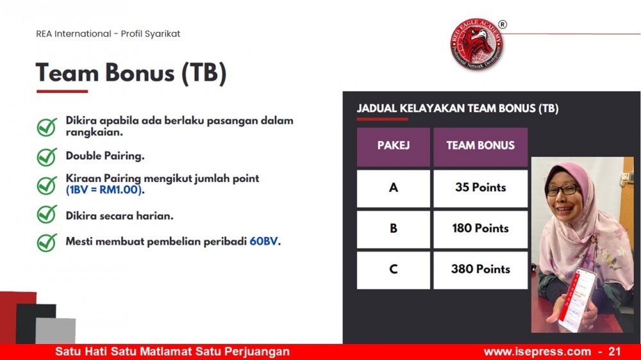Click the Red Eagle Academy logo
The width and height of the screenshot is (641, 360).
click(x=477, y=44)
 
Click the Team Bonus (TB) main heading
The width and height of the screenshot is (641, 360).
click(x=131, y=73)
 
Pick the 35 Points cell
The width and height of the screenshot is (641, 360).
click(x=480, y=188)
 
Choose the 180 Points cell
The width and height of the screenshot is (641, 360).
click(x=480, y=229)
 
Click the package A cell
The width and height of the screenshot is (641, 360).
click(x=394, y=188)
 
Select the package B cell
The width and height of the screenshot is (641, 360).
click(x=394, y=229)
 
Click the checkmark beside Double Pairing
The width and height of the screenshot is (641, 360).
click(x=47, y=156)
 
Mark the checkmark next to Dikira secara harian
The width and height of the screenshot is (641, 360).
click(x=47, y=214)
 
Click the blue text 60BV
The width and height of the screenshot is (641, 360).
click(x=263, y=241)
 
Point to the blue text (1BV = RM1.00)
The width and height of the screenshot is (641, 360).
click(x=104, y=190)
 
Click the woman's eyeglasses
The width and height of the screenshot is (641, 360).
click(x=563, y=190)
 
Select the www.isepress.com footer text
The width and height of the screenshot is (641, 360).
click(x=537, y=352)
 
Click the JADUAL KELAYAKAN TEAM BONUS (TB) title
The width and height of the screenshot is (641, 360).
click(x=458, y=108)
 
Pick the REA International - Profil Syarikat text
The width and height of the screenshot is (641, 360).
click(x=108, y=34)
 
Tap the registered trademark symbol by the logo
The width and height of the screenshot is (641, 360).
click(x=503, y=24)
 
